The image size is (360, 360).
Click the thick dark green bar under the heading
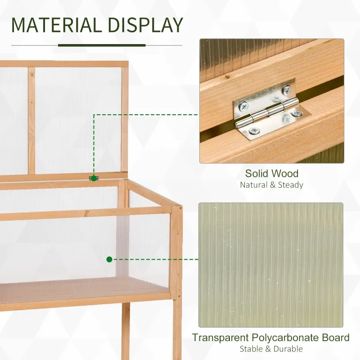(102, 45)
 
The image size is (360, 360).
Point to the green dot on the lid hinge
(94, 178)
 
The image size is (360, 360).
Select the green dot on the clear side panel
(109, 259)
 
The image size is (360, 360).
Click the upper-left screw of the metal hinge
(244, 107)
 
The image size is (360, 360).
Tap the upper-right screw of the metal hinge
(286, 91)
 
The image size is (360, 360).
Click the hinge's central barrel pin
(269, 111)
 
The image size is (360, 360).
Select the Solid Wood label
(271, 174)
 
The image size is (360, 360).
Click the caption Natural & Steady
(271, 185)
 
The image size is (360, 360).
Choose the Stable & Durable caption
(271, 349)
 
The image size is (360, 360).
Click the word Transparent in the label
(221, 337)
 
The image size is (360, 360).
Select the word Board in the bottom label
(336, 337)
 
